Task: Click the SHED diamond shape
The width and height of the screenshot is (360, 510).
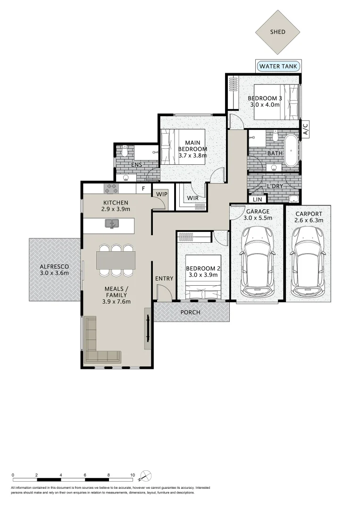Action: (277, 33)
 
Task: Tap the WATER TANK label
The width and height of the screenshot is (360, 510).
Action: (278, 66)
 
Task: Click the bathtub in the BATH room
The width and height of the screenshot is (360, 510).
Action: (291, 151)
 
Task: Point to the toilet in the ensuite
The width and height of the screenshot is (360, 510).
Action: (125, 151)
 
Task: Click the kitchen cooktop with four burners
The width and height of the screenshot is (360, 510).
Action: (111, 188)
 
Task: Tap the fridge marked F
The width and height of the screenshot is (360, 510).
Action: (143, 189)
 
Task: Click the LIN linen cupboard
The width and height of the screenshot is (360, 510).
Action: (258, 200)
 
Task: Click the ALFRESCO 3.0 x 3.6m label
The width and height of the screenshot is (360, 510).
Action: (54, 270)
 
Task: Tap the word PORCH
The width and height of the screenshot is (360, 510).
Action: (190, 313)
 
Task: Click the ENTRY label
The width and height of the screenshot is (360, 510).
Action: (164, 279)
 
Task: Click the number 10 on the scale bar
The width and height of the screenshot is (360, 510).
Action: (133, 476)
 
